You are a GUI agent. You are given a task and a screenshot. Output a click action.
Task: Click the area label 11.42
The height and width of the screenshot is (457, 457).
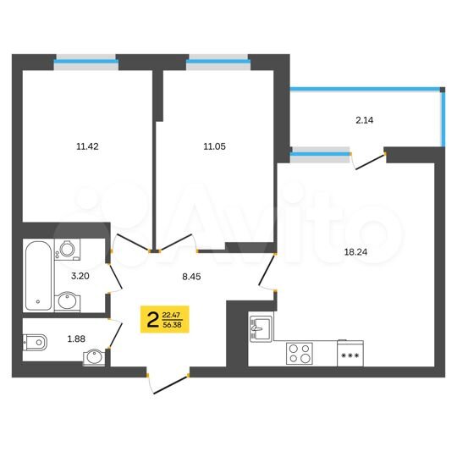tap(87, 146)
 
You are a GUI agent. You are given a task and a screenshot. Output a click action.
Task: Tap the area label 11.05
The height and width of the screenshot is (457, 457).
tap(214, 146)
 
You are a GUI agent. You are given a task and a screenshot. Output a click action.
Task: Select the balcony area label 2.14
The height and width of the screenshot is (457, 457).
tap(365, 120)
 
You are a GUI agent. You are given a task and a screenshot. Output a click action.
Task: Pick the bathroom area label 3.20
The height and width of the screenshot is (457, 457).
tap(80, 275)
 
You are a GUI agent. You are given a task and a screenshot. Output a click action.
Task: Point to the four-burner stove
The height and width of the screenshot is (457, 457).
tap(300, 352)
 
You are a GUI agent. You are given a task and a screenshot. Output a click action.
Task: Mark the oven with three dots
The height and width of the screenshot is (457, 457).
tap(349, 354)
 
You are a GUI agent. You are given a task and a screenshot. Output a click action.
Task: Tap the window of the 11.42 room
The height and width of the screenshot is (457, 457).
tap(85, 60)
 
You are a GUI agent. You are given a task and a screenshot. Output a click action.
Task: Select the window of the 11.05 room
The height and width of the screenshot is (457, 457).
tap(217, 60)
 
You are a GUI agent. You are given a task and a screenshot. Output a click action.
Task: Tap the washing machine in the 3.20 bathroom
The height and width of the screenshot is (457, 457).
tap(66, 249)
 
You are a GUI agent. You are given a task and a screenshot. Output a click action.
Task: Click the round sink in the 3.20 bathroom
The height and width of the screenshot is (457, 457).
tap(67, 299)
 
